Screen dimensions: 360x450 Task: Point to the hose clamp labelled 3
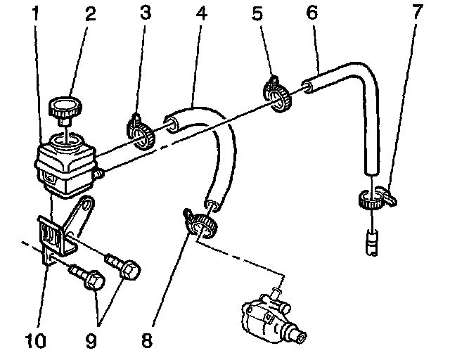[x=140, y=131]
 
